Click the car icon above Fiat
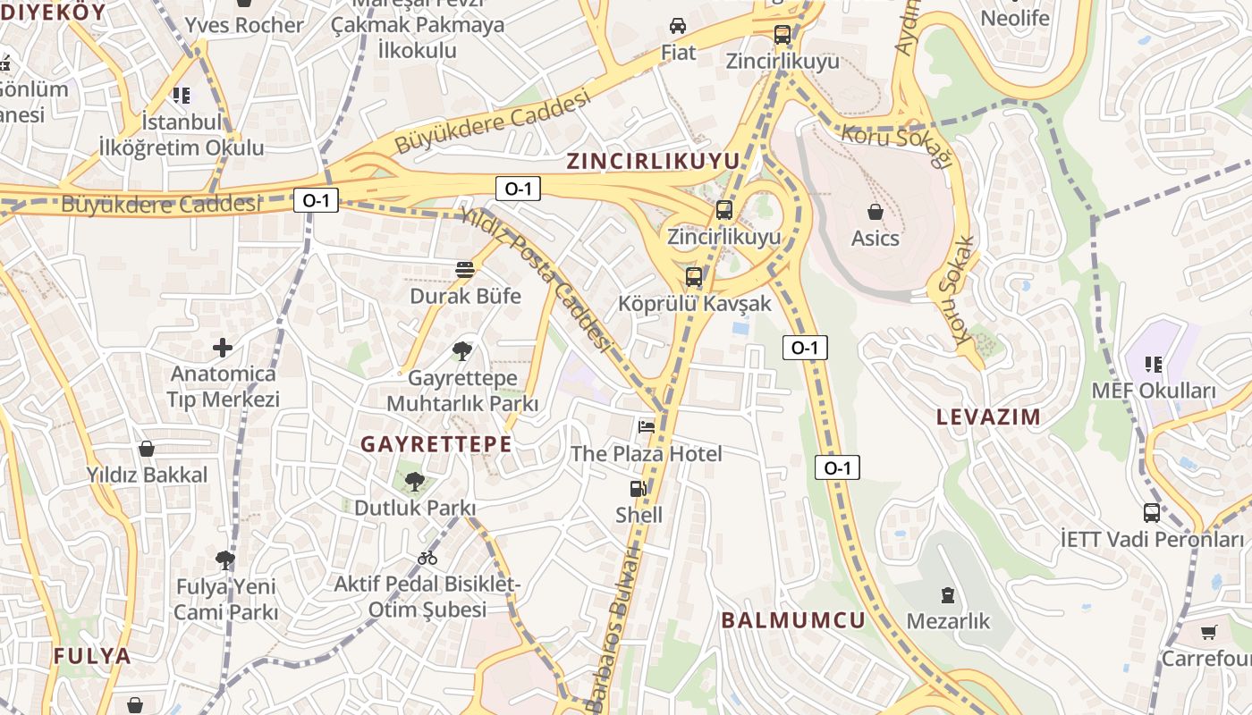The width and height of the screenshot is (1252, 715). tap(678, 26)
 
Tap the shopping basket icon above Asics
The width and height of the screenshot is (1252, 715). tap(875, 212)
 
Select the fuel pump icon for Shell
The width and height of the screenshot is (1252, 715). tap(638, 489)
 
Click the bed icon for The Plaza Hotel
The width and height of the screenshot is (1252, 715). tap(646, 426)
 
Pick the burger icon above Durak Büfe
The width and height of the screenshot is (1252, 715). tap(464, 269)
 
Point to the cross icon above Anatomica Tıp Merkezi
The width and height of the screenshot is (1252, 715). tap(223, 347)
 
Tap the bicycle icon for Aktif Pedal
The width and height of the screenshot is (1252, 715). tap(427, 558)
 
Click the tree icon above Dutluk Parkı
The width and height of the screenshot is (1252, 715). tap(414, 483)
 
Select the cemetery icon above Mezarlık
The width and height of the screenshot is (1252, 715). tap(948, 594)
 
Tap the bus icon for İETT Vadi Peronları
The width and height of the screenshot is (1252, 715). tap(1152, 513)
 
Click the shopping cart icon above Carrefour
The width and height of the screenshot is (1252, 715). tap(1209, 632)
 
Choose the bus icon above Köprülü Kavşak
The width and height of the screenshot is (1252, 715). tap(694, 277)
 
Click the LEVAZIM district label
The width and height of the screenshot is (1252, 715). tap(988, 416)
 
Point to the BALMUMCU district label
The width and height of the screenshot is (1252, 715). tap(793, 620)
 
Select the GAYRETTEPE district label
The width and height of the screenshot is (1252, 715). tap(436, 444)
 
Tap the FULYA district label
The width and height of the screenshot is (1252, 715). tap(92, 656)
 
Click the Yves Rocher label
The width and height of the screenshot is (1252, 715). tap(243, 25)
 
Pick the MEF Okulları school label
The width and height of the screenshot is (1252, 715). tap(1154, 391)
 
